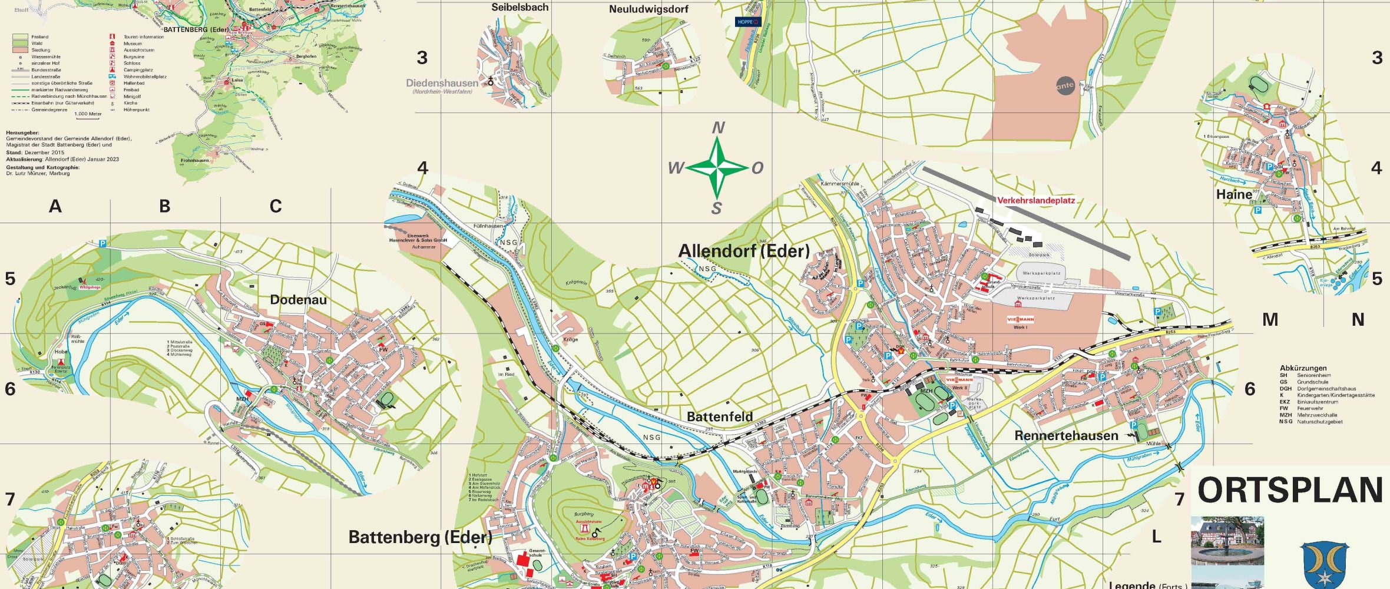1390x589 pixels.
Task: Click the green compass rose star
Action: click(x=717, y=168)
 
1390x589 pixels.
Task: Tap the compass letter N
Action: click(x=718, y=128)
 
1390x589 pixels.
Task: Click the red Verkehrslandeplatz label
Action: click(x=1035, y=200)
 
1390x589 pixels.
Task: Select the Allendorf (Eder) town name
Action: click(x=743, y=252)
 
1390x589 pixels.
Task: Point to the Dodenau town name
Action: click(x=298, y=300)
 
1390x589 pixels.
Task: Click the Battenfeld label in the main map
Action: click(x=720, y=417)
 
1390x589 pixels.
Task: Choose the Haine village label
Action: click(x=1234, y=194)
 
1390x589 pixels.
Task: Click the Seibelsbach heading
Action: click(x=519, y=8)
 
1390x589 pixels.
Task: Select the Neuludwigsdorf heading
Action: click(x=648, y=9)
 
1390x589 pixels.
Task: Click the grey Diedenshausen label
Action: click(x=442, y=83)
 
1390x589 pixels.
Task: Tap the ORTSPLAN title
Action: click(x=1290, y=491)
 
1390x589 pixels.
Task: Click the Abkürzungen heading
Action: click(x=1303, y=368)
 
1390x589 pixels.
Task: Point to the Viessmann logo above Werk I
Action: click(x=1020, y=319)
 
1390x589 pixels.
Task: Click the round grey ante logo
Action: click(x=1065, y=85)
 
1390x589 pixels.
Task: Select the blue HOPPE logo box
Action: click(x=747, y=22)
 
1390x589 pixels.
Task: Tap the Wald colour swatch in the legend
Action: click(x=20, y=44)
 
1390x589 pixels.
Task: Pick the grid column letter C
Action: click(x=275, y=207)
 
